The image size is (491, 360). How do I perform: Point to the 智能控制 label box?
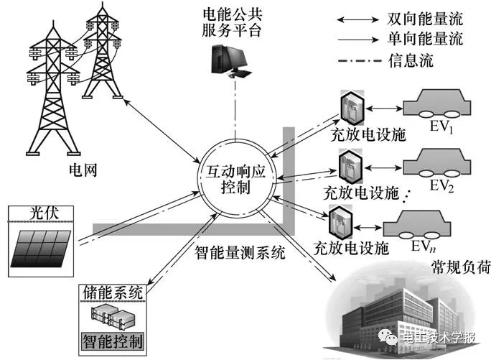(x=112, y=339)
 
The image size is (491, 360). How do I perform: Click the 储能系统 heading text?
(x=113, y=292)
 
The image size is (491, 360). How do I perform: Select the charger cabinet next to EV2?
(x=347, y=167)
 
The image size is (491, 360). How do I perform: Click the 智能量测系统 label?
(x=240, y=253)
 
